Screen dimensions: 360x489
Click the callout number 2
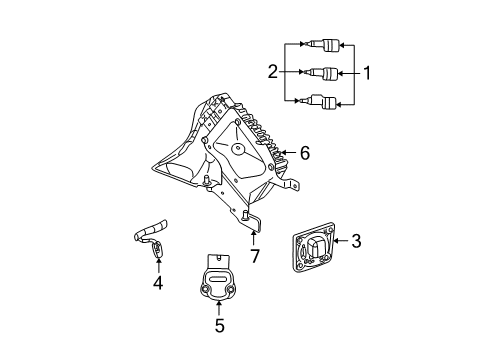(x=271, y=72)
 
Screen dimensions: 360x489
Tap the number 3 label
(x=355, y=240)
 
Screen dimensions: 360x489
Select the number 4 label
(x=156, y=282)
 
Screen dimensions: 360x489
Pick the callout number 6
(x=305, y=154)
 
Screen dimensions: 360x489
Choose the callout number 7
(x=255, y=257)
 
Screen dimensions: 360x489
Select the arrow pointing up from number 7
(x=255, y=237)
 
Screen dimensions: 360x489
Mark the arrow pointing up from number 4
(x=156, y=262)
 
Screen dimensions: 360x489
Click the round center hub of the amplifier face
(x=239, y=149)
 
